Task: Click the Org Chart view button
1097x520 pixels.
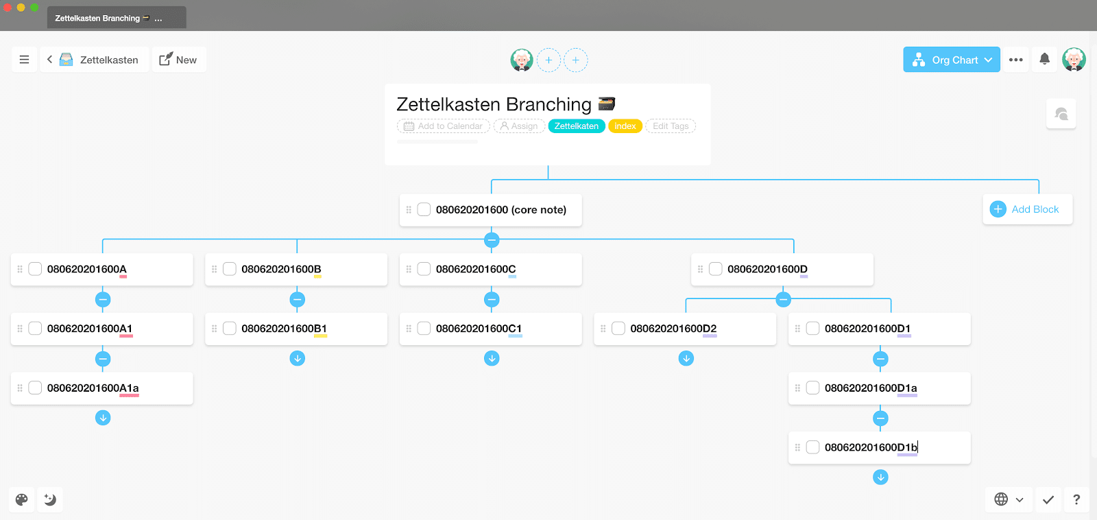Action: (951, 60)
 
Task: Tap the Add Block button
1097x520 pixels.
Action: (1027, 209)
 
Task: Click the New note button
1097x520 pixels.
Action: (179, 60)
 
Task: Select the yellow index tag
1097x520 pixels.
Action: (625, 126)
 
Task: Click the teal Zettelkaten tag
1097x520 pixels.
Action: (577, 126)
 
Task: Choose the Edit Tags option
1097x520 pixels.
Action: (671, 126)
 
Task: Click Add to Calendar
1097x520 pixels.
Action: (443, 126)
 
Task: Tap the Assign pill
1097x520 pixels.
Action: (519, 126)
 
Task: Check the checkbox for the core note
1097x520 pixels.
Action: (424, 210)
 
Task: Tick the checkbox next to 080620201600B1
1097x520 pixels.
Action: (229, 329)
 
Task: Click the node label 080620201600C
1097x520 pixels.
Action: (476, 269)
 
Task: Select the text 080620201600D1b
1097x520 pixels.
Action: (871, 447)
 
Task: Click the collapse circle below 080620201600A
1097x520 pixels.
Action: (103, 300)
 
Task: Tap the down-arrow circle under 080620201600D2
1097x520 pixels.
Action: (686, 359)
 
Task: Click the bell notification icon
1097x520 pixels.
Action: (1045, 59)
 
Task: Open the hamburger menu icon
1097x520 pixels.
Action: (24, 60)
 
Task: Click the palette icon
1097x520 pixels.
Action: (21, 499)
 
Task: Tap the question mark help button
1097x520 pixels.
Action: (1076, 499)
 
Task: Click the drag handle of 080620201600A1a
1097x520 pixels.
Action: (20, 388)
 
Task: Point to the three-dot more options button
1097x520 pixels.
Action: (1015, 60)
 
